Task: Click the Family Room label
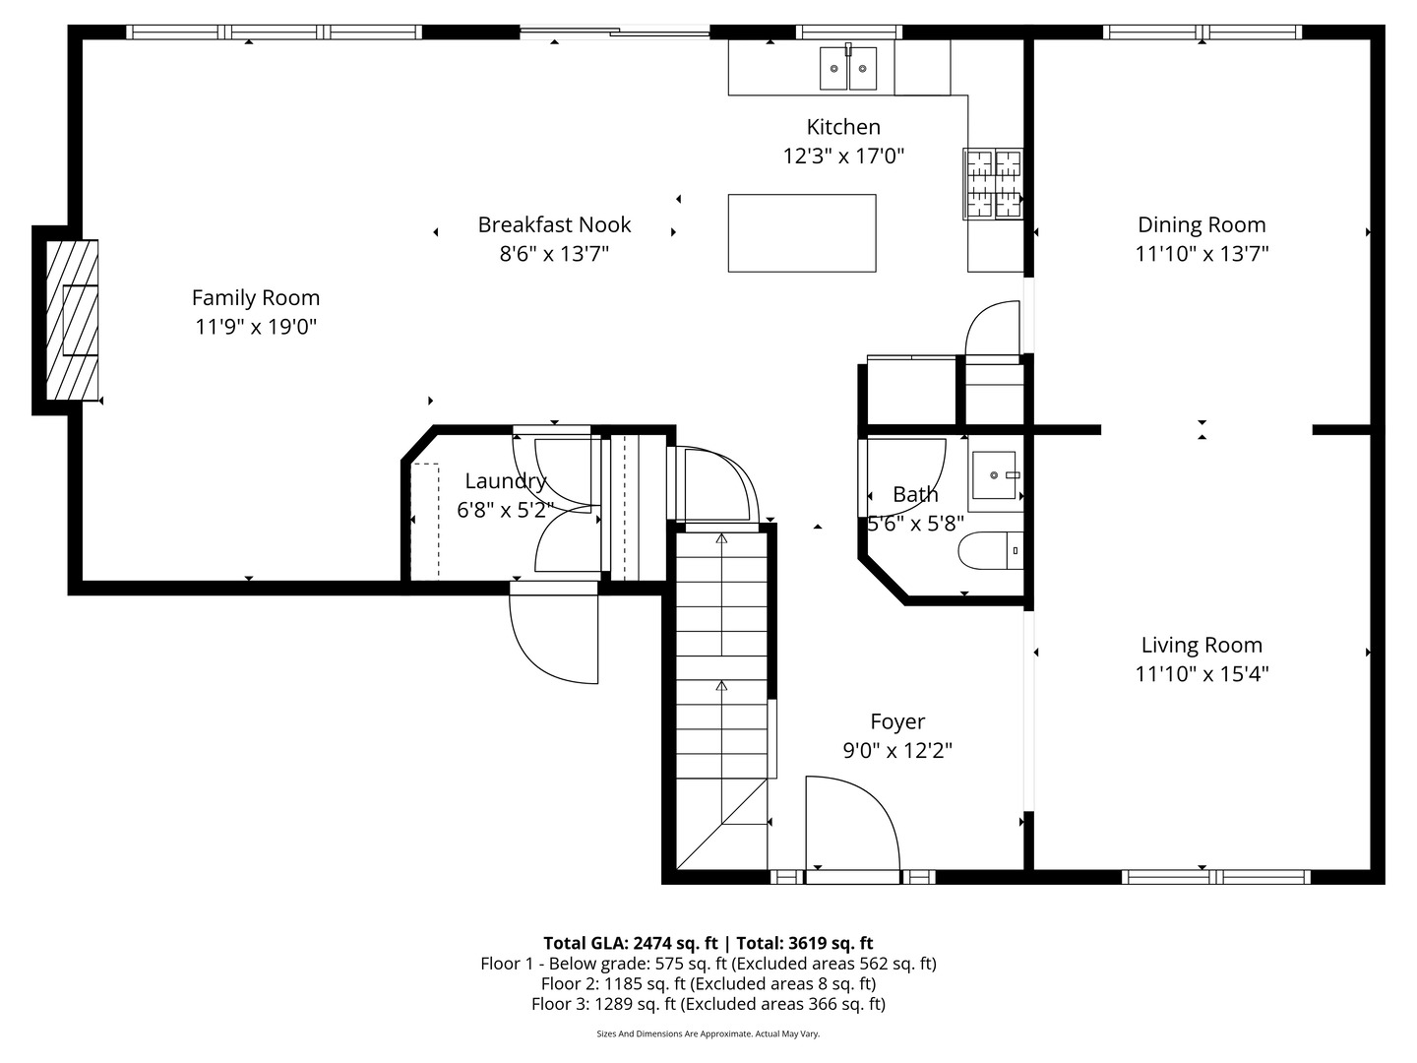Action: click(256, 297)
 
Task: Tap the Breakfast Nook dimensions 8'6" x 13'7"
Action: click(554, 254)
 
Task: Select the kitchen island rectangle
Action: click(801, 232)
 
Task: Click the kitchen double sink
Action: click(848, 67)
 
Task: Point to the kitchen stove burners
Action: click(993, 183)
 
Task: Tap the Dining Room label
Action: click(1201, 224)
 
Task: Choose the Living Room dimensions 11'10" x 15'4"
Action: click(1201, 674)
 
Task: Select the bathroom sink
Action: click(995, 475)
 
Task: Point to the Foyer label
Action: click(897, 722)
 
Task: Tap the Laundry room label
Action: click(506, 481)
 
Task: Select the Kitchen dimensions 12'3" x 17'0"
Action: click(843, 156)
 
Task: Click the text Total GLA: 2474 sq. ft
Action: click(630, 943)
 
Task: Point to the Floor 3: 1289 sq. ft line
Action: click(708, 1004)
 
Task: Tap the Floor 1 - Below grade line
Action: click(708, 964)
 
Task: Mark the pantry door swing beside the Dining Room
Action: click(994, 329)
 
